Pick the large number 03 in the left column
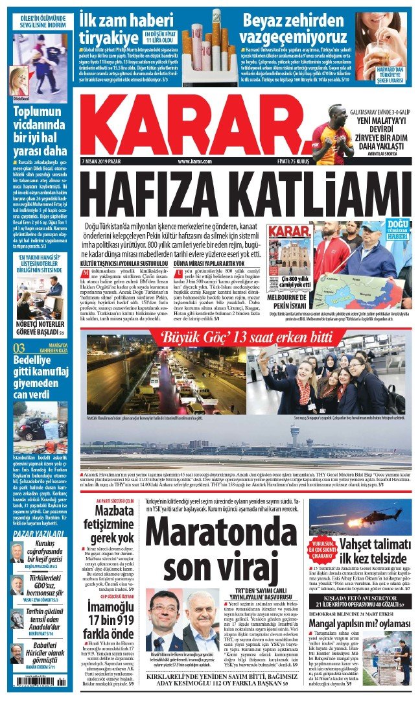click(x=20, y=348)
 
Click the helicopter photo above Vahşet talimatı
click(x=368, y=517)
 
